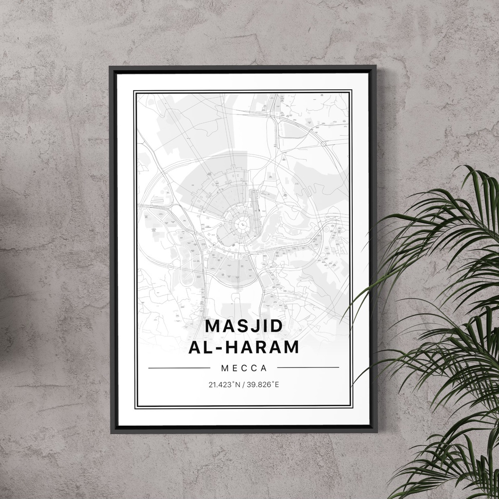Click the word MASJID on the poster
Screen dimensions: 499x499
[244, 326]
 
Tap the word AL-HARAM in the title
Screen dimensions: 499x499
[244, 347]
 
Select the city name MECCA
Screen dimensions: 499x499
[244, 367]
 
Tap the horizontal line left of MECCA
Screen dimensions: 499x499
[179, 368]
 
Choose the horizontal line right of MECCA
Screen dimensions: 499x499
[308, 367]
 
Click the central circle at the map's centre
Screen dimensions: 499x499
[241, 225]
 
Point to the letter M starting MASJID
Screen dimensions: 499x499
[213, 326]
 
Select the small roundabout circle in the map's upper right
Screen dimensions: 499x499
[323, 144]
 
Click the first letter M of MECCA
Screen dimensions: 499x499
[224, 367]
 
